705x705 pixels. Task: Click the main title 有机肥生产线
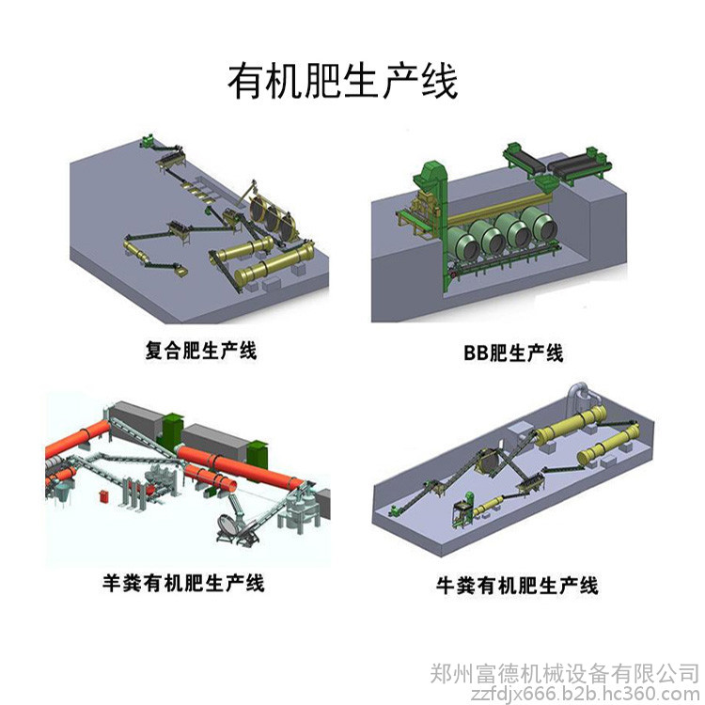coord(343,82)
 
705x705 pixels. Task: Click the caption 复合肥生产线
coord(200,351)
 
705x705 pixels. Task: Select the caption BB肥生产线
coord(513,352)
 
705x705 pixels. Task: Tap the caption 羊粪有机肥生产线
coord(183,583)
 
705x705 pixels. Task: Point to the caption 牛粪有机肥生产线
coord(517,586)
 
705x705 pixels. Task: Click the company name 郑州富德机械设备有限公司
coord(564,674)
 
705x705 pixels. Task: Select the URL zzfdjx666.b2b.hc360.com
coord(585,695)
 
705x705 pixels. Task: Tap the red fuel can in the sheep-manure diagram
coord(104,496)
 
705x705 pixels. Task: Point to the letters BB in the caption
coord(476,353)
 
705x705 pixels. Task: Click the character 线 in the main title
coord(440,82)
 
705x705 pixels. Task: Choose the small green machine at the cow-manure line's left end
coord(394,510)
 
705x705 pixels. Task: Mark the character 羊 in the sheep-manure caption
coord(113,583)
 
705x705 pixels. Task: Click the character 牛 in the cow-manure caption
coord(446,586)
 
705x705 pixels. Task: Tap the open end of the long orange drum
coord(229,484)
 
